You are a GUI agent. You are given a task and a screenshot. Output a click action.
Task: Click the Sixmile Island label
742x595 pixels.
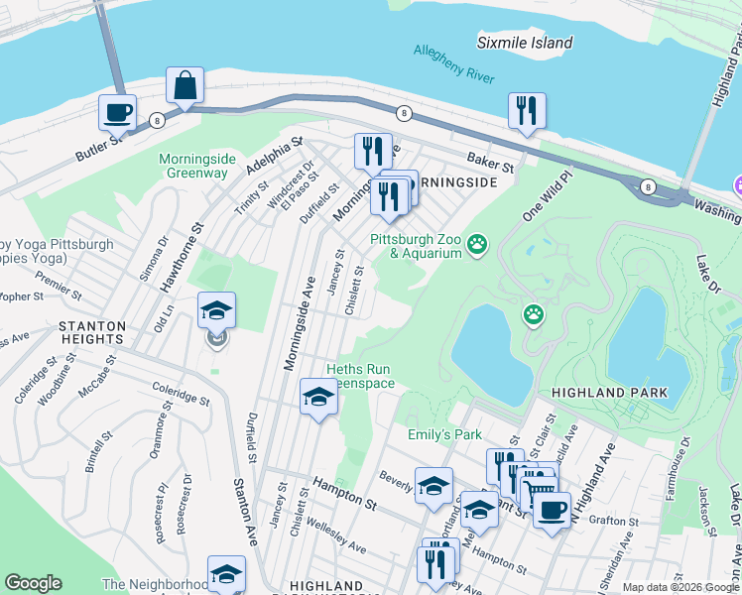pyautogui.click(x=525, y=43)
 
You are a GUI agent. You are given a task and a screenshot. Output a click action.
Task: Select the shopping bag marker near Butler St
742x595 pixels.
pyautogui.click(x=185, y=87)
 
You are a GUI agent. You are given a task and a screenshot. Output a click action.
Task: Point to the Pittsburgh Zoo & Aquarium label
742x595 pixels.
pyautogui.click(x=417, y=246)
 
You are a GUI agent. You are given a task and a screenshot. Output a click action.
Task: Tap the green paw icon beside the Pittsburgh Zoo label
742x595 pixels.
pyautogui.click(x=478, y=242)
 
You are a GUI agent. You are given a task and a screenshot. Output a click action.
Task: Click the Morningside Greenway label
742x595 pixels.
pyautogui.click(x=193, y=166)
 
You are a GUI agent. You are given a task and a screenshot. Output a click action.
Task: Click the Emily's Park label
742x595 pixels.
pyautogui.click(x=444, y=434)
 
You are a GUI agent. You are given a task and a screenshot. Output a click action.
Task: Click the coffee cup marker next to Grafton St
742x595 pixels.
pyautogui.click(x=553, y=511)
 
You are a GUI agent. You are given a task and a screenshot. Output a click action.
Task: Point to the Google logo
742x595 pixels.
pyautogui.click(x=33, y=583)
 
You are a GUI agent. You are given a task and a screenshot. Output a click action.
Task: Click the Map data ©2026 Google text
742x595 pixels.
pyautogui.click(x=680, y=587)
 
